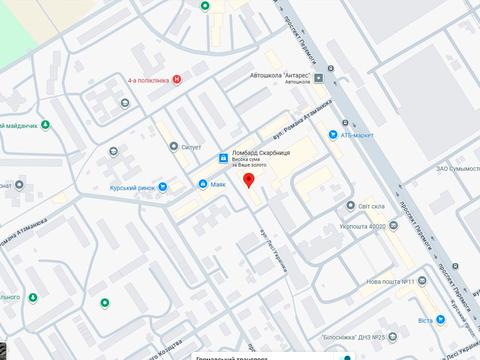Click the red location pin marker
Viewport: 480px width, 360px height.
[249, 181]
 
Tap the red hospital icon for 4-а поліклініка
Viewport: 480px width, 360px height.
[177, 79]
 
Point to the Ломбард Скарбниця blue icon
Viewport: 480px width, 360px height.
[222, 154]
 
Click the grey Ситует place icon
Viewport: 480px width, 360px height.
[172, 146]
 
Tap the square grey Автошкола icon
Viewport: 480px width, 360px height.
[318, 78]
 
